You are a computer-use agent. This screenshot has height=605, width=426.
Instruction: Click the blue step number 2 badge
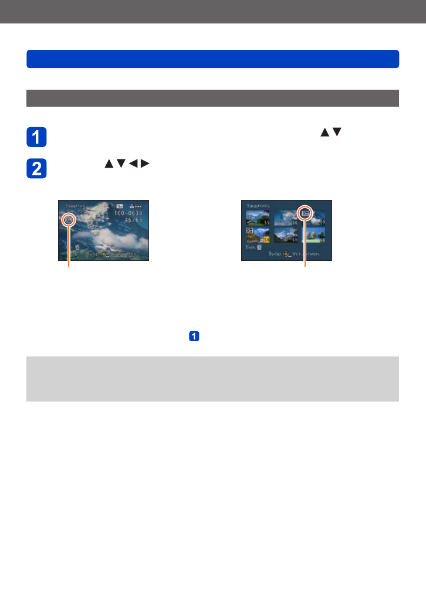(36, 168)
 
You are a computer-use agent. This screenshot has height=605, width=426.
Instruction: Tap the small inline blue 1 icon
(194, 337)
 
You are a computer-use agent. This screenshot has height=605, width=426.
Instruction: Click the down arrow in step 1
(336, 133)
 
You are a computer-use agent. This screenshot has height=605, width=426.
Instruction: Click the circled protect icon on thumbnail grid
(305, 213)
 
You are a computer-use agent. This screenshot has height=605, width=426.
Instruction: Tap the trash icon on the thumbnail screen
(259, 247)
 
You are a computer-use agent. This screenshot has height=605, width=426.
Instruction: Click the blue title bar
(212, 59)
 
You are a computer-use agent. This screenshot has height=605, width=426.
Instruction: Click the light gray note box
(212, 379)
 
